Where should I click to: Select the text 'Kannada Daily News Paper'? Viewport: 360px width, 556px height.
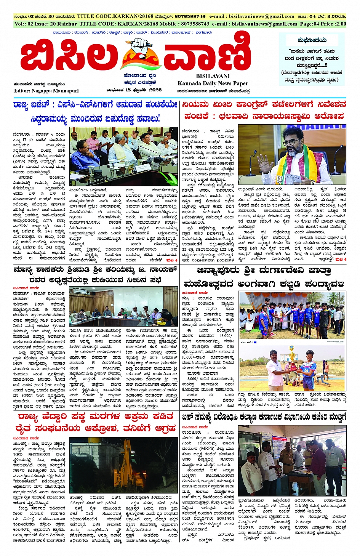213,83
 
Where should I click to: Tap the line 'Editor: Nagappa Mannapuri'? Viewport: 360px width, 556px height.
46,91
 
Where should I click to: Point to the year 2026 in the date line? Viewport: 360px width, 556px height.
155,90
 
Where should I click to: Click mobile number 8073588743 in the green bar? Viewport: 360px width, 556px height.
195,24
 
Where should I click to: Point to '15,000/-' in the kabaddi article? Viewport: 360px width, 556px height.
226,335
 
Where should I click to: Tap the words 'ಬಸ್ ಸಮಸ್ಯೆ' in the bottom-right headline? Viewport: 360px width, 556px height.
201,417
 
